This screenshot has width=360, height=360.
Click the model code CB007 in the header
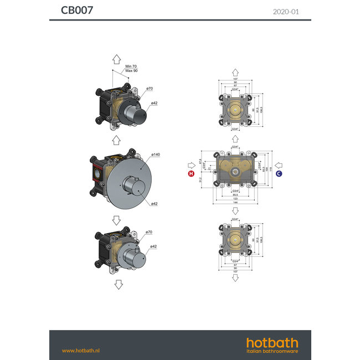click(77, 10)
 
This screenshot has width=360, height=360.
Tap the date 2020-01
click(286, 11)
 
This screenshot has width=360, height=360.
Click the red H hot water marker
click(192, 173)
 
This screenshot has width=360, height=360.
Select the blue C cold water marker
click(279, 173)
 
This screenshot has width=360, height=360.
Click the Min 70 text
click(131, 66)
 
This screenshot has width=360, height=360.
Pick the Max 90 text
click(131, 71)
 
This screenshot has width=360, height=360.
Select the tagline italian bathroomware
click(272, 351)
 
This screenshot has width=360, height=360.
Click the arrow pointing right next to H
click(192, 164)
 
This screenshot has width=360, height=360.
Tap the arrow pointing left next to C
click(279, 164)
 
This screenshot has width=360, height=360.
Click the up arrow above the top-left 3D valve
click(117, 60)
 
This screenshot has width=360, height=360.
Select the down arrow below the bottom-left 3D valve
click(118, 285)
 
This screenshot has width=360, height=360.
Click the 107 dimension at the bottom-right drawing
click(235, 272)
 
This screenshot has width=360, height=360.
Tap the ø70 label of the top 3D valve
click(148, 89)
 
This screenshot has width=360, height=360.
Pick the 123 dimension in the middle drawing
click(236, 199)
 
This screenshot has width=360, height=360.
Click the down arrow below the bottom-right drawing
click(235, 278)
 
